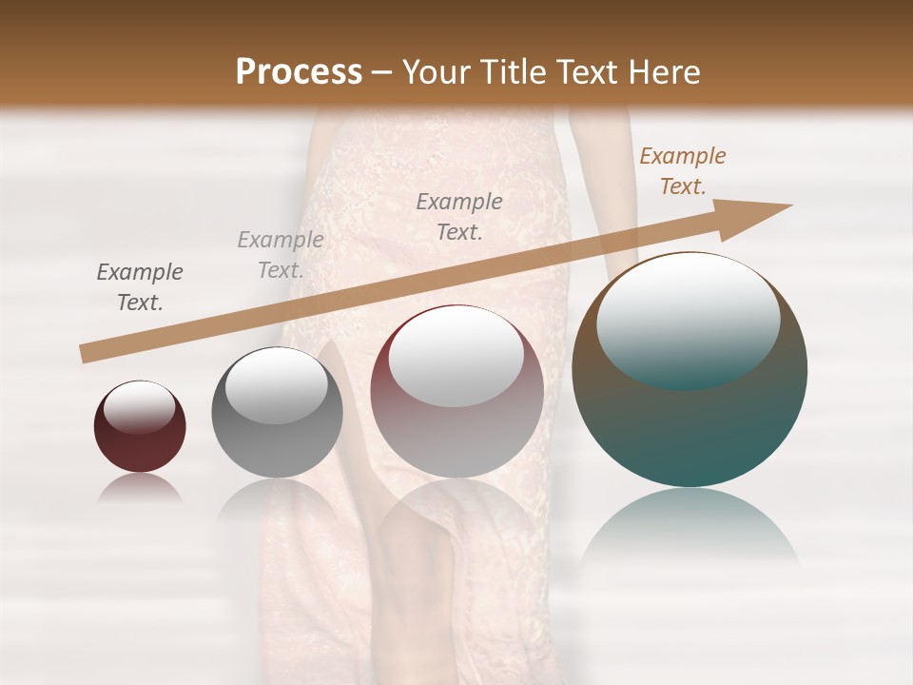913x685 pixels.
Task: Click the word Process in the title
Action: tap(299, 71)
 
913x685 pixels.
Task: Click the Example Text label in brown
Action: tap(682, 171)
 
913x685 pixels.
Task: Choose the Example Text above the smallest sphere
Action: tap(140, 287)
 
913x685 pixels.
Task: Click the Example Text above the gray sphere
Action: tap(281, 255)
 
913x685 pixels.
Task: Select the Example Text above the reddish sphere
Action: tap(459, 217)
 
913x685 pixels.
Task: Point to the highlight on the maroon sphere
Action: tap(139, 407)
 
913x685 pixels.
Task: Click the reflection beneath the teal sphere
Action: tap(690, 528)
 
